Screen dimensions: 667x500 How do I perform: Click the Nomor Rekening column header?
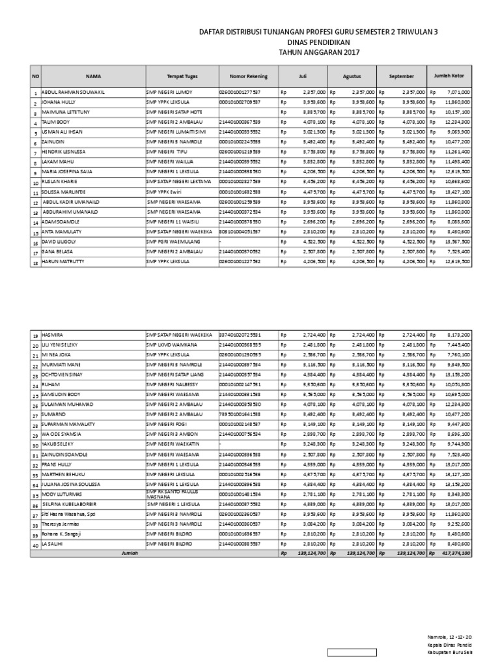coord(248,76)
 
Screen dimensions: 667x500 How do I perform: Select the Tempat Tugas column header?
coord(182,76)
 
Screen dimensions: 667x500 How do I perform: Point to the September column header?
coord(401,76)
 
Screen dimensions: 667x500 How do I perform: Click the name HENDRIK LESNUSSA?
coord(64,152)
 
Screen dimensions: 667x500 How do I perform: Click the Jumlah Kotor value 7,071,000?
coord(463,92)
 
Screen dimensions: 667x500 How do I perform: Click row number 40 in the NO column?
coord(36,544)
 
